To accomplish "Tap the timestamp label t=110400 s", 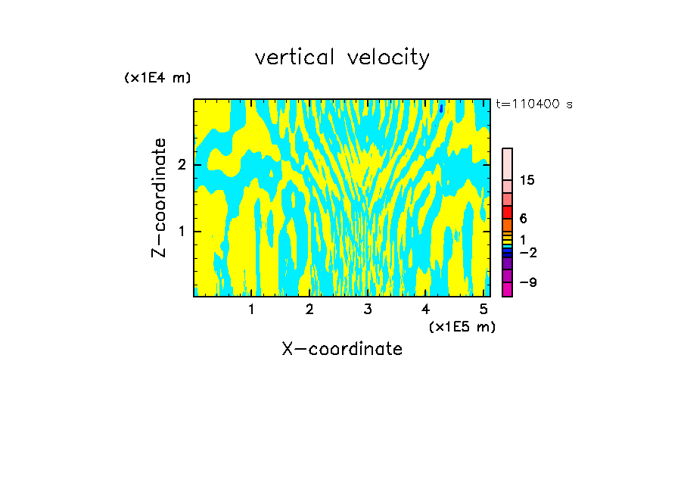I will click(534, 104).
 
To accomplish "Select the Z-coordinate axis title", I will click(159, 198).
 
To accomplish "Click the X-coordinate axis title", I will click(342, 349).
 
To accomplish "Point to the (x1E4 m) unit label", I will click(157, 78).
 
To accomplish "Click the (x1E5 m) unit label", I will click(462, 326).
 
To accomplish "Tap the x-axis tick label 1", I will click(252, 309).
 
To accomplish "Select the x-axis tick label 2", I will click(309, 309).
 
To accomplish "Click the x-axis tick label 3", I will click(368, 309).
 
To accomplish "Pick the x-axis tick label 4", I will click(425, 309).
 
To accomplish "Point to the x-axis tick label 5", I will click(483, 309).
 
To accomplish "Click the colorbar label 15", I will click(527, 180).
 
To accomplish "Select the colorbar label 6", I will click(523, 218).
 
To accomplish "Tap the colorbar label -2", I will click(527, 252).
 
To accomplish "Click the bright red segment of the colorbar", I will click(507, 212).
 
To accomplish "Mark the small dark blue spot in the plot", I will click(440, 108).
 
